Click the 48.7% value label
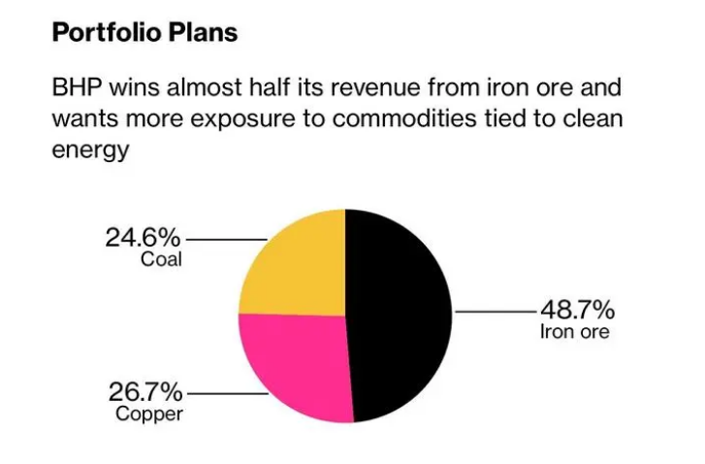(576, 311)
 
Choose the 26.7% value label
(144, 393)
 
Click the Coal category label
(162, 259)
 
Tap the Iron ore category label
(575, 333)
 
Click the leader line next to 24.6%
(226, 239)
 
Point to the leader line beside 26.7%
(226, 394)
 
